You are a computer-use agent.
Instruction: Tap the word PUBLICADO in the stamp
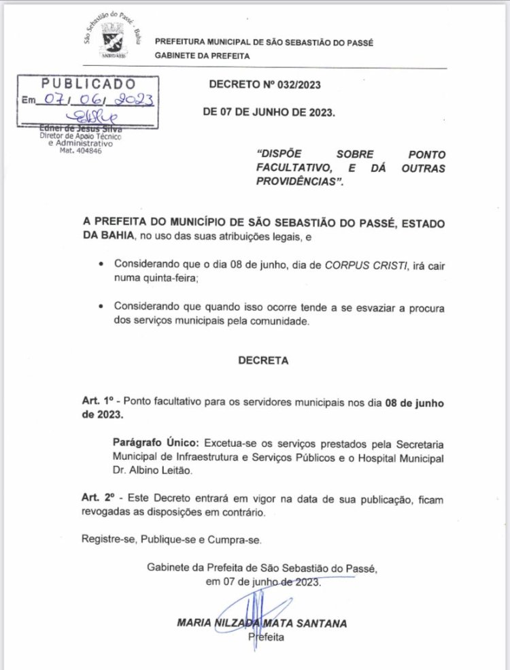pos(88,83)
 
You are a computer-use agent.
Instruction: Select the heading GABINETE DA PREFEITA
pos(202,56)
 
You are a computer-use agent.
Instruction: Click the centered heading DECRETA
pos(263,361)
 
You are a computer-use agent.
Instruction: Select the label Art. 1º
pos(95,403)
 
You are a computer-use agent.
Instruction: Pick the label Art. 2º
pos(95,499)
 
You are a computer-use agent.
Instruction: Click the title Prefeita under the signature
pos(266,637)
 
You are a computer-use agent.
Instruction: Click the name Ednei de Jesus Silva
pos(75,129)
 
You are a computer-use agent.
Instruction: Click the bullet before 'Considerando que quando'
pos(101,308)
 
